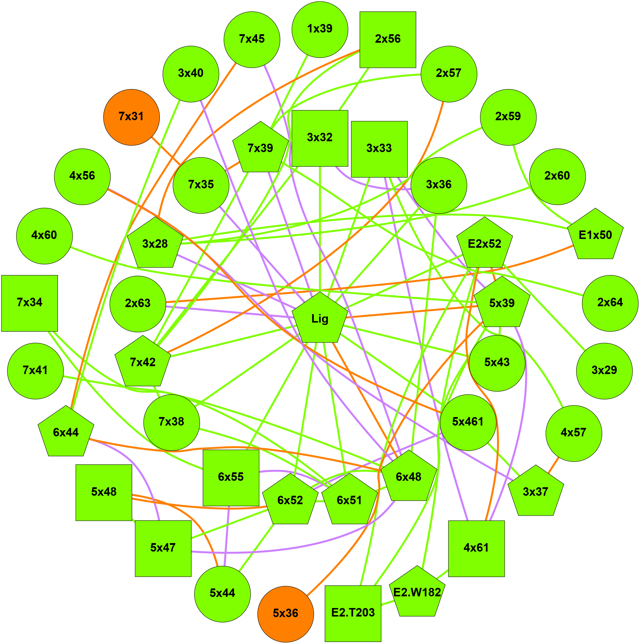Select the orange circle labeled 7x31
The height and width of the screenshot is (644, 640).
131,117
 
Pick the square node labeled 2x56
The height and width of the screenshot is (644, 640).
388,40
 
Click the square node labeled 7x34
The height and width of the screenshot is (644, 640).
30,303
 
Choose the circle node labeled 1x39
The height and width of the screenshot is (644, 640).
320,29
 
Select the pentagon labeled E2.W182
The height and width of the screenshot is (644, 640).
417,593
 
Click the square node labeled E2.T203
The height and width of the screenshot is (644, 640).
353,613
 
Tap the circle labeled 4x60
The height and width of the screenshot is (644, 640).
44,236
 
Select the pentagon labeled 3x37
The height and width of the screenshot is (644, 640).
535,492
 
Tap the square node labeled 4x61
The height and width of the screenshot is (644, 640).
476,548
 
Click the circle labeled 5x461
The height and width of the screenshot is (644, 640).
468,422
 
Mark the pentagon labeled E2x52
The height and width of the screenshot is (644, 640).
484,244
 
